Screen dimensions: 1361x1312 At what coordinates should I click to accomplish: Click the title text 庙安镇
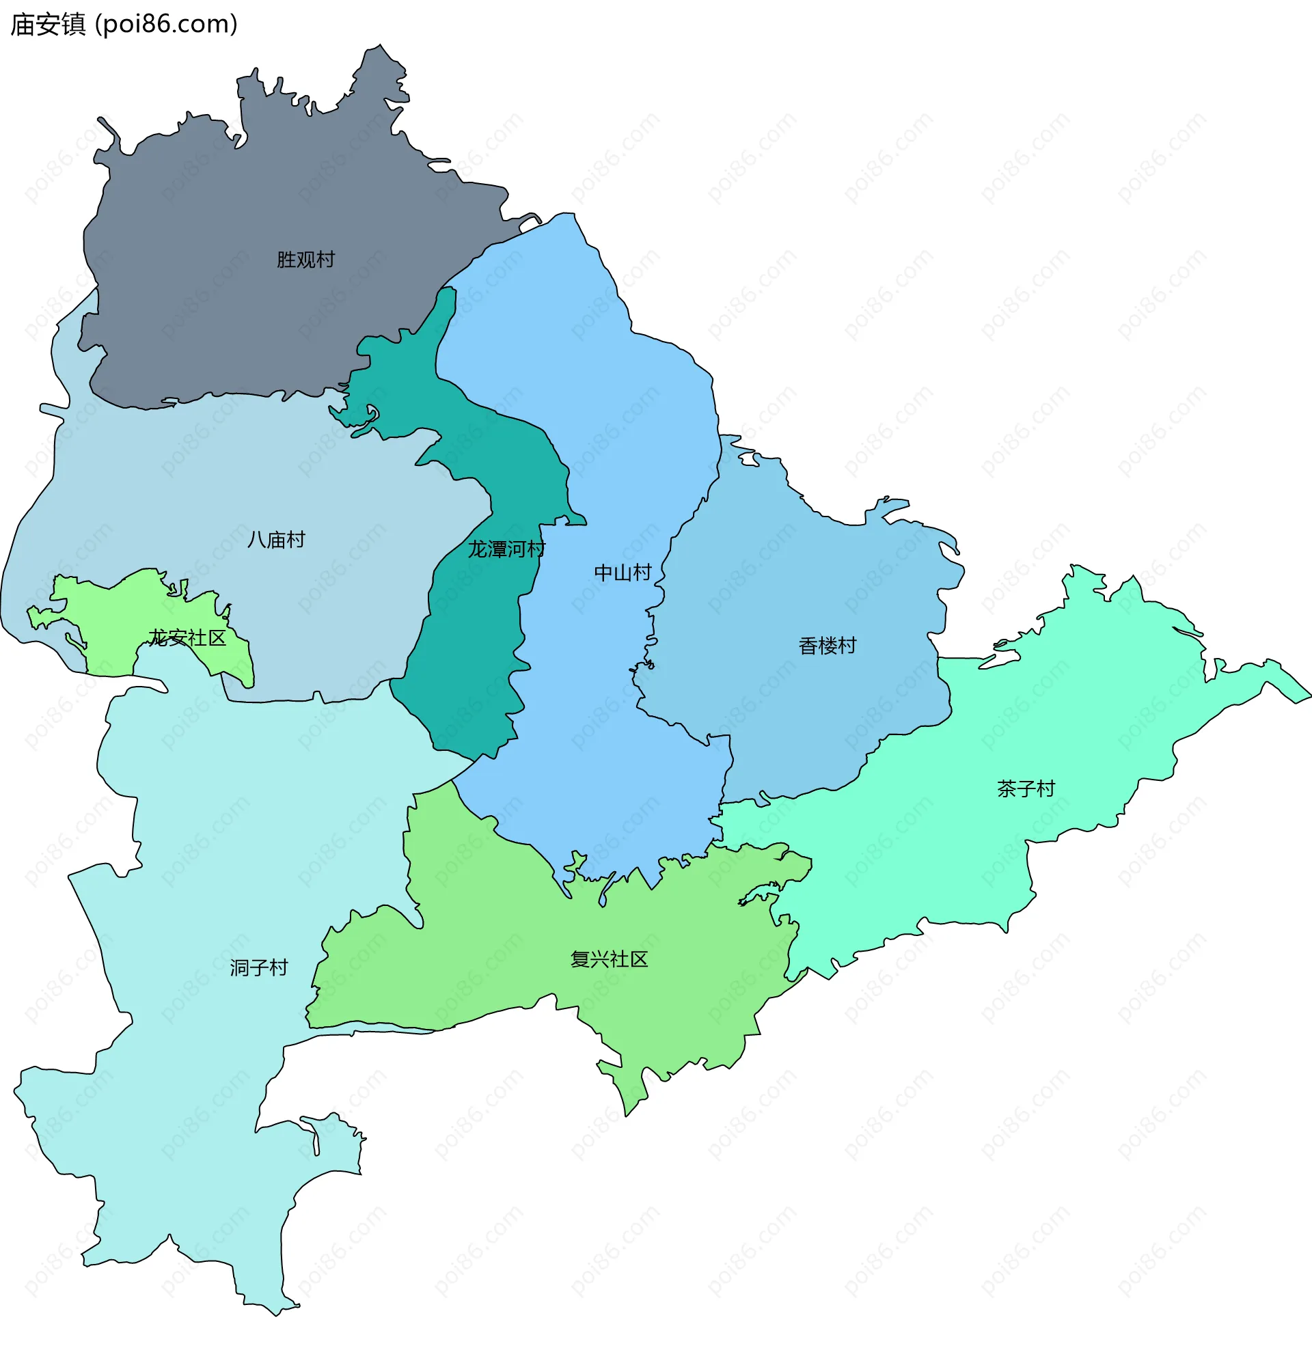click(48, 25)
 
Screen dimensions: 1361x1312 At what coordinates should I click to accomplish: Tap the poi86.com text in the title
click(166, 25)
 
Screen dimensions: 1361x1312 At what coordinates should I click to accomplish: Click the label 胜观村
click(305, 260)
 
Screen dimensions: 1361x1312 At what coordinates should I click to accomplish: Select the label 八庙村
click(277, 540)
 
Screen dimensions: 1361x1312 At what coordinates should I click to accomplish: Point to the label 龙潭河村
click(506, 549)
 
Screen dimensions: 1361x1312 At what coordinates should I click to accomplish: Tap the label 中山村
click(623, 573)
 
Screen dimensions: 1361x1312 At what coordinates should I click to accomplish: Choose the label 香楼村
click(828, 646)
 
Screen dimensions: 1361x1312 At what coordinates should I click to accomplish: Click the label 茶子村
click(1026, 789)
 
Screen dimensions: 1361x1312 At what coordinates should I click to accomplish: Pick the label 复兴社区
click(609, 960)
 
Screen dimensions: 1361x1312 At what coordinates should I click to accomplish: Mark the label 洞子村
click(259, 968)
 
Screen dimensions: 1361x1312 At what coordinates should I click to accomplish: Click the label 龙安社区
click(187, 638)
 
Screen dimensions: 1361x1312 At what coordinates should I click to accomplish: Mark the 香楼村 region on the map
click(799, 590)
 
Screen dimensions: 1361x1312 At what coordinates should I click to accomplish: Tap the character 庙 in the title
click(23, 25)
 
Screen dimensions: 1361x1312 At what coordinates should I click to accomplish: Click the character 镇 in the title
click(73, 25)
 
